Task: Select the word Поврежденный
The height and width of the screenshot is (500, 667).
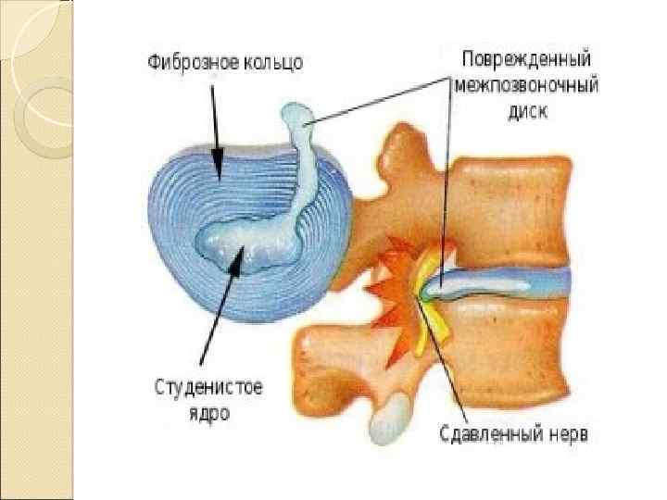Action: pyautogui.click(x=525, y=56)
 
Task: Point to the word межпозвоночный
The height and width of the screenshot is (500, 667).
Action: pyautogui.click(x=525, y=85)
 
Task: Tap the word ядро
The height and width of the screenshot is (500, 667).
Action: pyautogui.click(x=209, y=414)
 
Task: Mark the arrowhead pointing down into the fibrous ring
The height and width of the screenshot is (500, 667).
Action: pyautogui.click(x=216, y=167)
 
